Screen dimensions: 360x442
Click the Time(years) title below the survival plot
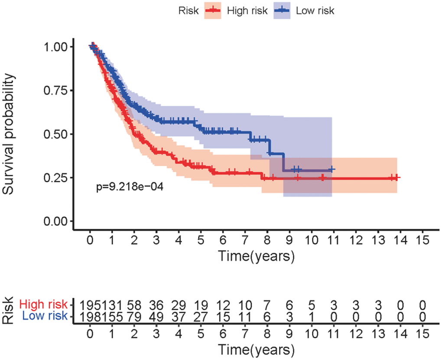coord(256,256)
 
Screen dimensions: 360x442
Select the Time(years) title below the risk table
coord(256,349)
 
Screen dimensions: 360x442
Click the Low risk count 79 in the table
coord(134,316)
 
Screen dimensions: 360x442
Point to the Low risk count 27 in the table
coord(201,316)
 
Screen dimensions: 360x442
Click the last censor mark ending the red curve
coord(396,177)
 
